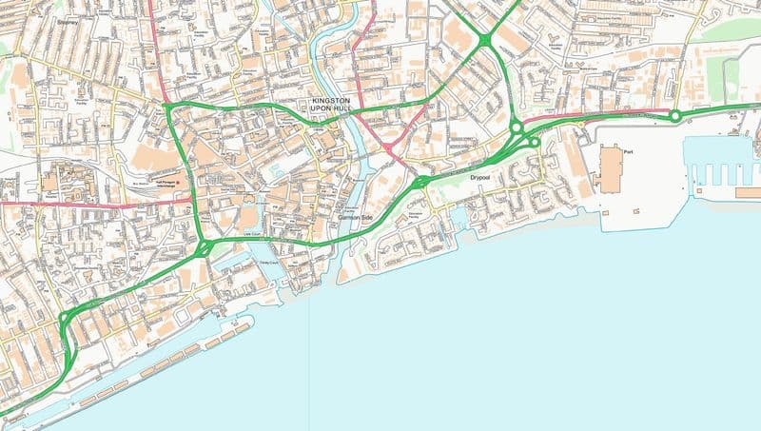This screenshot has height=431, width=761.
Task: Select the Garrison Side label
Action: coord(358,218)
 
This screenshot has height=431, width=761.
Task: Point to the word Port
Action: coord(628,152)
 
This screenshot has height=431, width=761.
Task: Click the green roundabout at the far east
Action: coord(674,116)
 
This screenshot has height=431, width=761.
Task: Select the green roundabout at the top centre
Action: coord(485,39)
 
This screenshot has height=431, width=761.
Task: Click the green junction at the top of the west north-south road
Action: coord(168,107)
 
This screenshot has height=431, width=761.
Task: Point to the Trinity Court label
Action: coord(269,263)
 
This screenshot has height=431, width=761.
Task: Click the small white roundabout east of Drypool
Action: coord(536,143)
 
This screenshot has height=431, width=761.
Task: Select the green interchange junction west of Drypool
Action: coord(420,181)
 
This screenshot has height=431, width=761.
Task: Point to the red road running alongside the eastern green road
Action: coord(590,115)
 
